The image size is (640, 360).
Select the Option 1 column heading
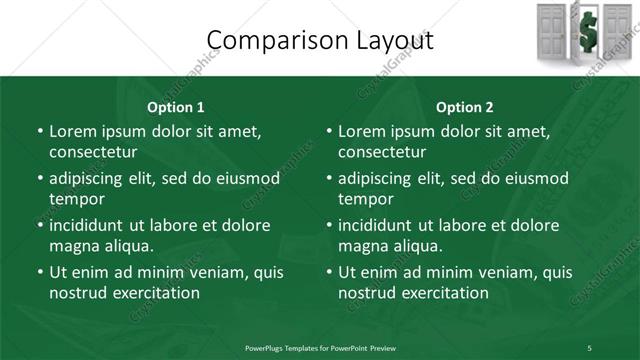click(176, 107)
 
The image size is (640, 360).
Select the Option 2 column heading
click(465, 107)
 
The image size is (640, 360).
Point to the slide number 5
click(589, 348)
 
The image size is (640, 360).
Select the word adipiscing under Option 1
click(88, 178)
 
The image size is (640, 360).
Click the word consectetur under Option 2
click(382, 153)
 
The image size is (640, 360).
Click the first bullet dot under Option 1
click(40, 132)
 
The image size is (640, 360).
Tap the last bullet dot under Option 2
click(329, 272)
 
